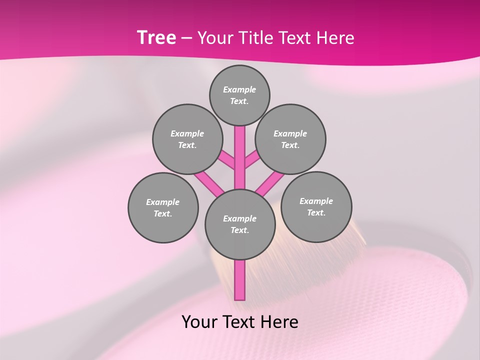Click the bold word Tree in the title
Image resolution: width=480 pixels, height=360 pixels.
[156, 37]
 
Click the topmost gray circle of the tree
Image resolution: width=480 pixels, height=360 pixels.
[239, 95]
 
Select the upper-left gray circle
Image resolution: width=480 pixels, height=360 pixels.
[187, 139]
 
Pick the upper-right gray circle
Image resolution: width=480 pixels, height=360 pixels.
[290, 139]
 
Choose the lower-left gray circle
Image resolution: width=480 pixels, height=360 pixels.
[163, 207]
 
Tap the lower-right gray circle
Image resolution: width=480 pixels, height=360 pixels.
[316, 206]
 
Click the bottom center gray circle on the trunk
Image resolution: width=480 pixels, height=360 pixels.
[240, 224]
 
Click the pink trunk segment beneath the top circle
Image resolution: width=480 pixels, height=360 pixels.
[240, 150]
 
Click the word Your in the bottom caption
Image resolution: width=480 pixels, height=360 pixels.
[199, 322]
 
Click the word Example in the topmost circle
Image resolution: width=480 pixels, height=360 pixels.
[239, 89]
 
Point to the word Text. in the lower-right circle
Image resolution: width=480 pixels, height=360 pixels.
[316, 212]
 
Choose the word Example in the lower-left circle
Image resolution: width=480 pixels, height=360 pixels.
[163, 202]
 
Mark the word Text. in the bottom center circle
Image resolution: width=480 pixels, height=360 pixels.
[240, 230]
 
